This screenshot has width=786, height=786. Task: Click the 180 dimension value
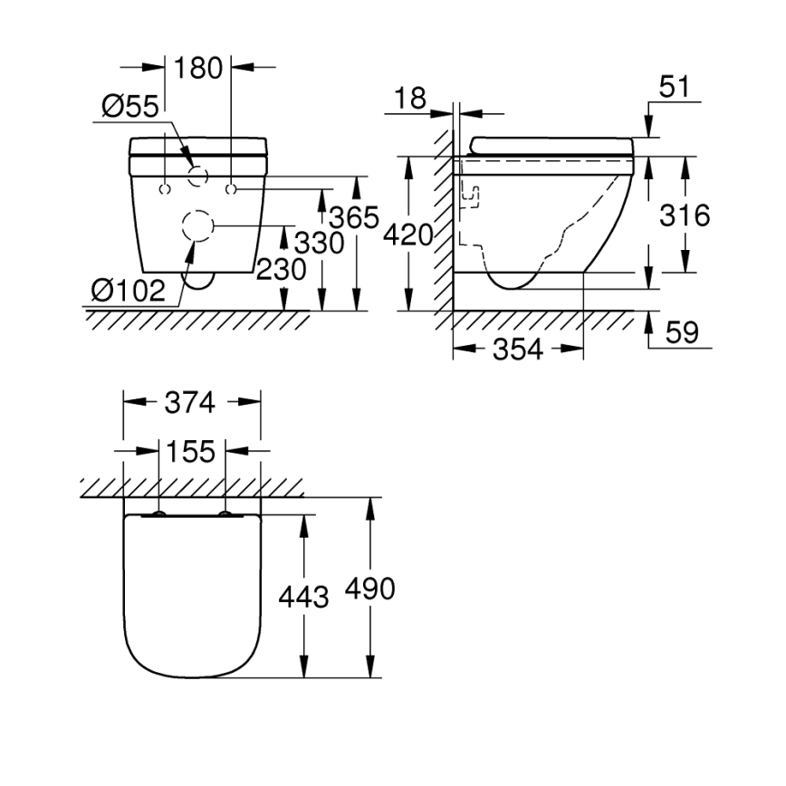pos(198,68)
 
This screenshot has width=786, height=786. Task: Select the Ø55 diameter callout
pos(129,107)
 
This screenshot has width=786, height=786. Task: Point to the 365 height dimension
pos(353,218)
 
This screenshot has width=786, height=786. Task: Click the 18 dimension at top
pos(410,99)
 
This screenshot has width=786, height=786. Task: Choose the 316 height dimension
pos(684,216)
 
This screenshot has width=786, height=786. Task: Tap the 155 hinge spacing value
pos(190,450)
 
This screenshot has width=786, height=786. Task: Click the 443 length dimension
pos(302,597)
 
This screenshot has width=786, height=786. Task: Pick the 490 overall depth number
pos(369,589)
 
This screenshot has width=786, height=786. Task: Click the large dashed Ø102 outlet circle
pos(198,226)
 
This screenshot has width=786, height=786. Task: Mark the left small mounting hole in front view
pos(164,189)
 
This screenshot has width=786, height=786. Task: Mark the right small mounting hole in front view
pos(232,189)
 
